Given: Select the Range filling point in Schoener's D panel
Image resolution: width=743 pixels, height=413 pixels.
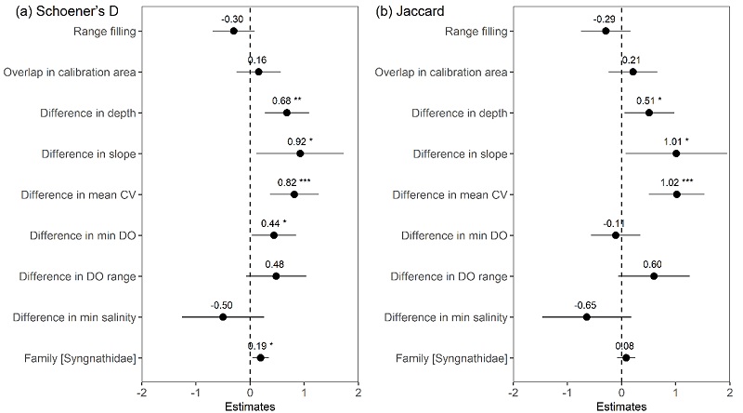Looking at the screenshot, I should pyautogui.click(x=234, y=31).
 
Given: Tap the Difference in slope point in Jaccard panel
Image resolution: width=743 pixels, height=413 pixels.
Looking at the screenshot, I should pyautogui.click(x=676, y=153).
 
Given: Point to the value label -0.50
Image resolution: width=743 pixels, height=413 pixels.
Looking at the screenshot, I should pyautogui.click(x=222, y=304).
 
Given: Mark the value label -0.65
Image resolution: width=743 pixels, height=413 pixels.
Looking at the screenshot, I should pyautogui.click(x=586, y=304).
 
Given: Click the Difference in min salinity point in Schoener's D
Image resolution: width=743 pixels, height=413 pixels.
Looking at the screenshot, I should pyautogui.click(x=223, y=317).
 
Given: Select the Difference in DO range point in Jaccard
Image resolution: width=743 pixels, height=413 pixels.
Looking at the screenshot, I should pyautogui.click(x=654, y=276).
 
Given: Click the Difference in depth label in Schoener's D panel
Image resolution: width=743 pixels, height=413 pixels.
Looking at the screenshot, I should pyautogui.click(x=89, y=113).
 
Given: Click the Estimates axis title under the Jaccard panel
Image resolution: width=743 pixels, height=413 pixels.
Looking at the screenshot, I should pyautogui.click(x=621, y=406).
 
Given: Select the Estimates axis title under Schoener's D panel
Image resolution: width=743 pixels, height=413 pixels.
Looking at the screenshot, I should pyautogui.click(x=250, y=406).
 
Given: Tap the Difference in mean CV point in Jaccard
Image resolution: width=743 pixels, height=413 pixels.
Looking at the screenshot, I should pyautogui.click(x=676, y=194).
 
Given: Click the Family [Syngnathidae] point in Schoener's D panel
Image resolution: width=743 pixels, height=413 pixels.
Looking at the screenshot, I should pyautogui.click(x=261, y=358).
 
